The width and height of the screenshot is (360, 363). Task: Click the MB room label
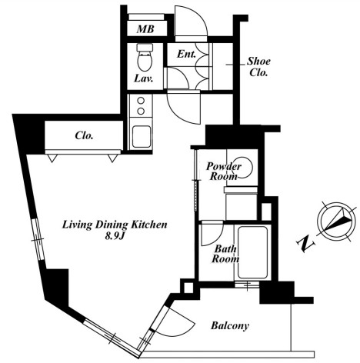pyautogui.click(x=145, y=29)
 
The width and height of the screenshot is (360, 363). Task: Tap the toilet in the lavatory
pyautogui.click(x=145, y=57)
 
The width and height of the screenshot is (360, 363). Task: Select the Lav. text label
pyautogui.click(x=144, y=78)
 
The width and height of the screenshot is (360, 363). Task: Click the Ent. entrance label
pyautogui.click(x=186, y=54)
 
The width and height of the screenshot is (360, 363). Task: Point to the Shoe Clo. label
pyautogui.click(x=258, y=67)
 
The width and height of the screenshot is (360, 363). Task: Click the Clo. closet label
pyautogui.click(x=84, y=135)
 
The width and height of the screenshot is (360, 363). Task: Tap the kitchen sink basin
pyautogui.click(x=141, y=137)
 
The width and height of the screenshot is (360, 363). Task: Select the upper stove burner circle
pyautogui.click(x=141, y=101)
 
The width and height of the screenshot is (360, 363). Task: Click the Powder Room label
pyautogui.click(x=224, y=172)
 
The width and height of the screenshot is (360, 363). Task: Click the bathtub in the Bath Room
pyautogui.click(x=253, y=252)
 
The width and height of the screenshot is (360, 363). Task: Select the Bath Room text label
pyautogui.click(x=225, y=254)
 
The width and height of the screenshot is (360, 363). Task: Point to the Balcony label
pyautogui.click(x=230, y=325)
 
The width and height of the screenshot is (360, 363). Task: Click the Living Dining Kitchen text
pyautogui.click(x=115, y=225)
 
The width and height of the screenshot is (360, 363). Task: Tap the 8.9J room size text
pyautogui.click(x=115, y=236)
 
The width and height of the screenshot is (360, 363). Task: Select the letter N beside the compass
pyautogui.click(x=305, y=244)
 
